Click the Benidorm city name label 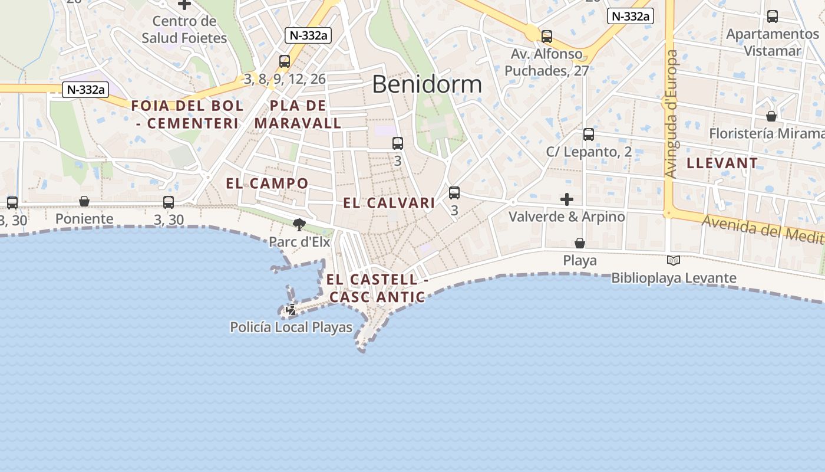coord(427,84)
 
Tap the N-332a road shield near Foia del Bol coord(86,90)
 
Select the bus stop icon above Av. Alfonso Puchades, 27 coord(547,37)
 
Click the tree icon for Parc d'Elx coord(299,224)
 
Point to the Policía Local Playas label coord(291,327)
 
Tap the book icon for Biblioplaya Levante coord(674,260)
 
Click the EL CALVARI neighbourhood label coord(389,203)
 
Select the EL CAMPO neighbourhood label coord(267,183)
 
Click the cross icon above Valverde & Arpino coord(567,199)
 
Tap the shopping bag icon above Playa coord(580,243)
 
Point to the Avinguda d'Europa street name coord(671,113)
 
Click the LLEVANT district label coord(722,163)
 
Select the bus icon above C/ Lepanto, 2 coord(589,135)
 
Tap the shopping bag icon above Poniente coord(84,202)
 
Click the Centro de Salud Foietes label coord(184,29)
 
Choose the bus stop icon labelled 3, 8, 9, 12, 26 coord(285,61)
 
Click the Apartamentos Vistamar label coord(772,42)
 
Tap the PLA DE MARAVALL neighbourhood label coord(298,114)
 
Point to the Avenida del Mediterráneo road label coord(763,228)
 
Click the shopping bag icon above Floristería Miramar coord(771,116)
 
